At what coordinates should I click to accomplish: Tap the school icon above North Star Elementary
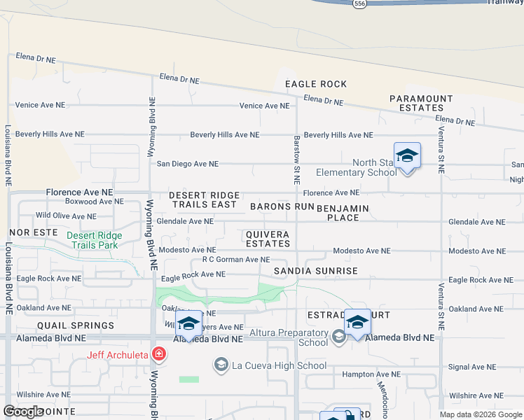407,155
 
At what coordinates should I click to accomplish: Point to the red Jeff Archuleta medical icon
159,354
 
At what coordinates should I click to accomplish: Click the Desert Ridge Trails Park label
94,240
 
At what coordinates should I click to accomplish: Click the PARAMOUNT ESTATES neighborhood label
421,103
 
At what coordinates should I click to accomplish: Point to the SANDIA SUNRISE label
315,271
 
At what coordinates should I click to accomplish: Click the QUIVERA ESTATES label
268,239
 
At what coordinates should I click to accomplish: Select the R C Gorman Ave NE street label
235,260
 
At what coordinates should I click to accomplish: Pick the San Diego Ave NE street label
187,164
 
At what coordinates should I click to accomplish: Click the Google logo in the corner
23,412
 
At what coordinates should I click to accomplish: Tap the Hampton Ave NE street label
371,374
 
